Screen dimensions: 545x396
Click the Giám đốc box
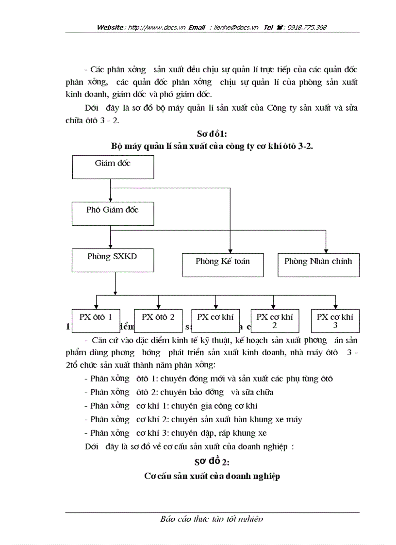113,167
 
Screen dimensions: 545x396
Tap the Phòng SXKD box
113,260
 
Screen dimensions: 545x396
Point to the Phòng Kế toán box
223,265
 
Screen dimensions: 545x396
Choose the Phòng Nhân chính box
318,265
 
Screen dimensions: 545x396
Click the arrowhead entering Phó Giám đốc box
111,199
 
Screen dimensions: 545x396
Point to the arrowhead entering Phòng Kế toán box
230,250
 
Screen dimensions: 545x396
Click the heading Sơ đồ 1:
212,133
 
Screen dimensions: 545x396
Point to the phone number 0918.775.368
307,28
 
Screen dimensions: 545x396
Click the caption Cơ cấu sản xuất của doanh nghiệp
212,476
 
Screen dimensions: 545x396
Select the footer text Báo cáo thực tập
212,519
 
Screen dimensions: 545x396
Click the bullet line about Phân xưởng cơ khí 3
175,433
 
